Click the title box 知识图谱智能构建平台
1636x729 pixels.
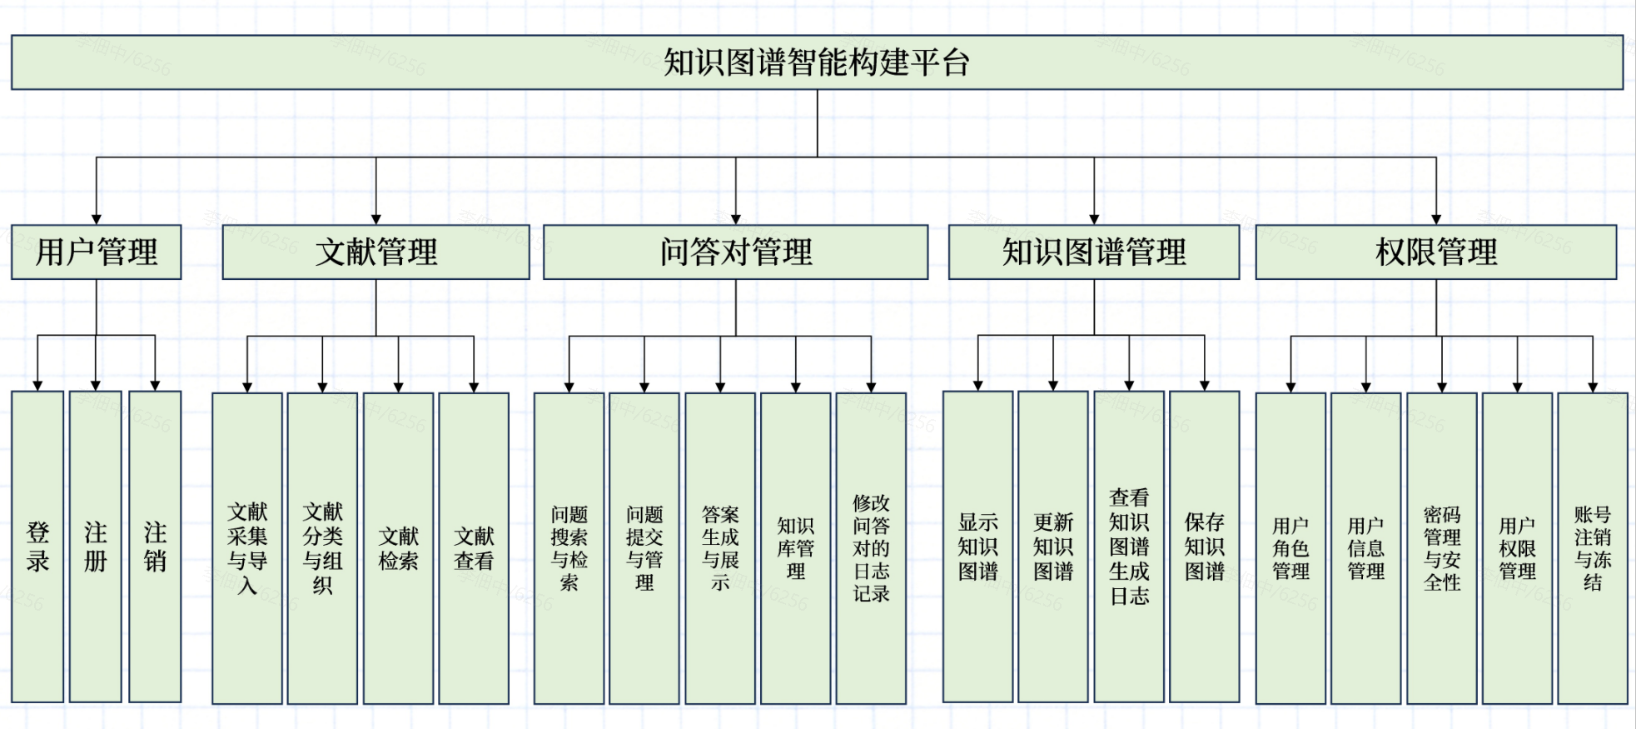[x=817, y=62]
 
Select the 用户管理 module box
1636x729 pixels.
[x=96, y=252]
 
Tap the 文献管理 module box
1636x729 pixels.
[x=375, y=252]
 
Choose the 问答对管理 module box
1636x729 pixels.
[x=735, y=252]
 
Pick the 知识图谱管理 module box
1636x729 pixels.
[x=1093, y=252]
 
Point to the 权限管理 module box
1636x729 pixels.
[x=1435, y=252]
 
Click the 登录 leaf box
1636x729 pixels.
[x=37, y=547]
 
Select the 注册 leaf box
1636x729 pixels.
[x=96, y=547]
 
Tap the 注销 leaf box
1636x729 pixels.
[x=155, y=547]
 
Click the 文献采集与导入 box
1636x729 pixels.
[x=247, y=548]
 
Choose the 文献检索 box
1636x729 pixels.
[x=398, y=548]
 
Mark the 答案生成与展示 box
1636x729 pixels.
[x=720, y=548]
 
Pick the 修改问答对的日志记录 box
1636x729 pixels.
[x=871, y=548]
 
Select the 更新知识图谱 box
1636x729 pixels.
[x=1053, y=547]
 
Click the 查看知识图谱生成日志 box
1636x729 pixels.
[x=1129, y=547]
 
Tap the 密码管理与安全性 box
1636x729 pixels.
[x=1442, y=548]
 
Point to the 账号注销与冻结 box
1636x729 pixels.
[x=1593, y=548]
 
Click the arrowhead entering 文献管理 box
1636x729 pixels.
[x=375, y=219]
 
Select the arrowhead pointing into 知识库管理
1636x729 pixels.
[x=796, y=387]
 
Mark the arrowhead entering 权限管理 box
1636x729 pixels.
[x=1436, y=219]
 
